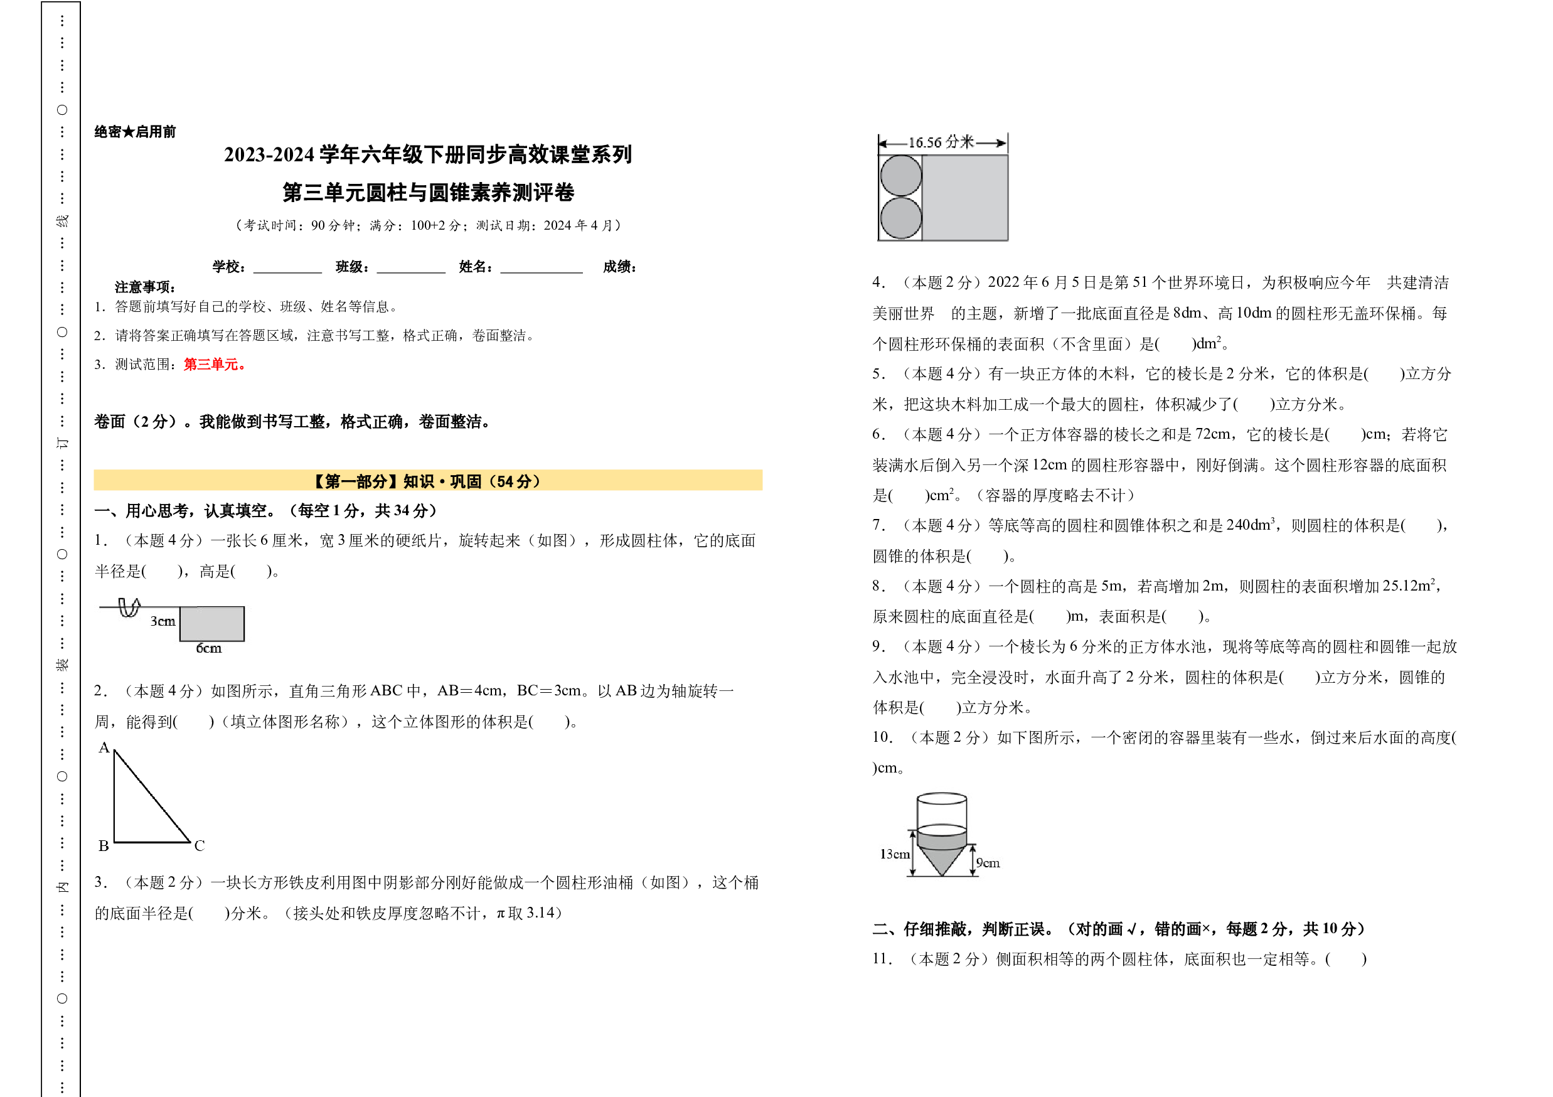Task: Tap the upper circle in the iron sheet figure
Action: pos(901,176)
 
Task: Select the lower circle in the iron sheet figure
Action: pos(901,218)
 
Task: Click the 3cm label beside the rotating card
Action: pos(163,621)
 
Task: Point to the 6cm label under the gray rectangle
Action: pos(208,648)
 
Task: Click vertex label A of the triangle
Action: pos(104,747)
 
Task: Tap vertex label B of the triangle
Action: pos(104,845)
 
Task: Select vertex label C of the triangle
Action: pos(200,845)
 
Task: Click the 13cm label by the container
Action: pos(894,854)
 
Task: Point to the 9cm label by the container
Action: pos(988,863)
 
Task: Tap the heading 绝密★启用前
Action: pos(136,131)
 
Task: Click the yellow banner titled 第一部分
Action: pos(428,480)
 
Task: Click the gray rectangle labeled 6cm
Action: pos(211,624)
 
